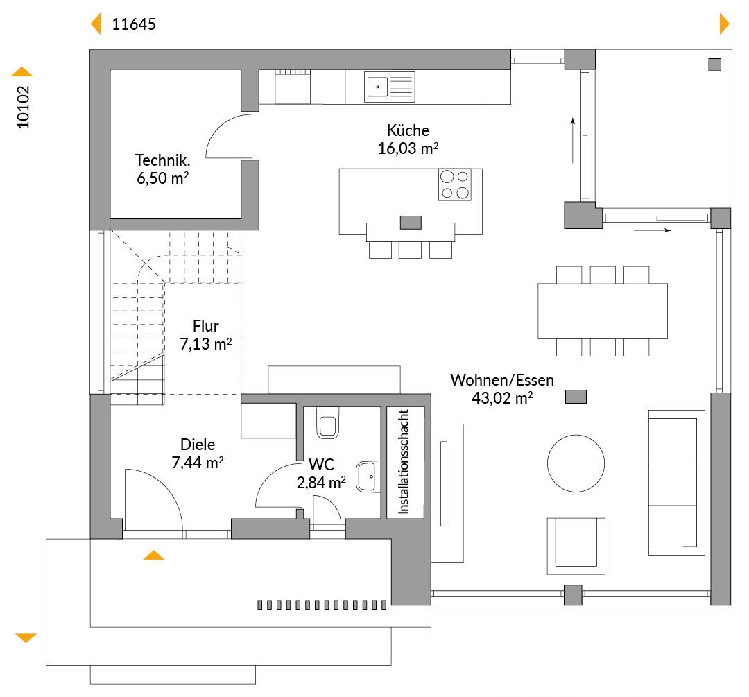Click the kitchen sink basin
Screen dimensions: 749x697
[377, 87]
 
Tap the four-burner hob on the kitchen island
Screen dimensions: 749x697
[455, 184]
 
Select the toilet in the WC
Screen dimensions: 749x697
[327, 423]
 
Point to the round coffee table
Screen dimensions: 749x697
[576, 463]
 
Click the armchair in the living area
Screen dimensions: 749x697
[576, 546]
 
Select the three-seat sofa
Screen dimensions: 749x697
[676, 483]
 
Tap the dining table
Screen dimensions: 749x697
[603, 311]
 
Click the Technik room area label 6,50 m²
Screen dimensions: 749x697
[163, 178]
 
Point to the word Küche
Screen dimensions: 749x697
[408, 130]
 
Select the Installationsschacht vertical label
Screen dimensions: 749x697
[404, 461]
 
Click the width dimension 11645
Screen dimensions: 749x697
[134, 24]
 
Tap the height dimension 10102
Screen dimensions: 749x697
[23, 107]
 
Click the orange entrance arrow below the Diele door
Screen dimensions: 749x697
[154, 555]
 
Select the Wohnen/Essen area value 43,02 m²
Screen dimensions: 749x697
[502, 397]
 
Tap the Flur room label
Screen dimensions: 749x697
[206, 326]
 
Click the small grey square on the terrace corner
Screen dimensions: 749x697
[714, 64]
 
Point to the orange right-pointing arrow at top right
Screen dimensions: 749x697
[724, 24]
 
